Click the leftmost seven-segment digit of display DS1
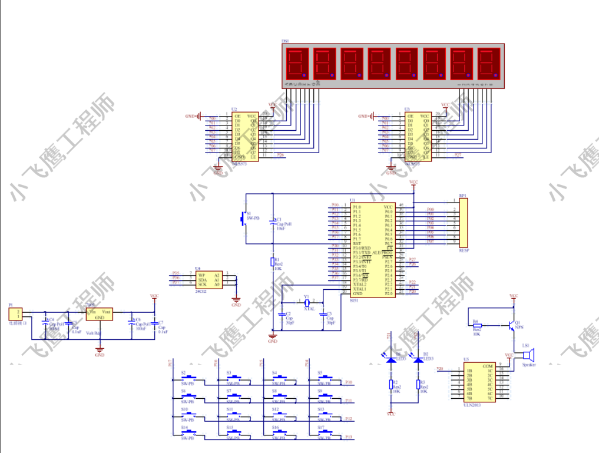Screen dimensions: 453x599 pos(297,63)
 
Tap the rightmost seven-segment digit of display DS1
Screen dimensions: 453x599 pos(489,63)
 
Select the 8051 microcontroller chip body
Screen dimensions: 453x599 pos(372,250)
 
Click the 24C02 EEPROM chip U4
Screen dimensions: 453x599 pos(209,279)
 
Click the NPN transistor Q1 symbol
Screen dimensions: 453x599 pos(509,325)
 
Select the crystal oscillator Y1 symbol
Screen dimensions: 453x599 pos(306,302)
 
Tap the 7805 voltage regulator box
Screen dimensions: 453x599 pos(99,314)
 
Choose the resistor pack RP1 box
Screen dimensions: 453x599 pos(463,223)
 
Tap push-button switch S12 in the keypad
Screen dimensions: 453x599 pos(279,415)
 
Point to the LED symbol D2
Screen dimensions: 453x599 pos(418,359)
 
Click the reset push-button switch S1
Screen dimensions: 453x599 pos(243,219)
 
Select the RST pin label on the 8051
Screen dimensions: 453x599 pos(357,243)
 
